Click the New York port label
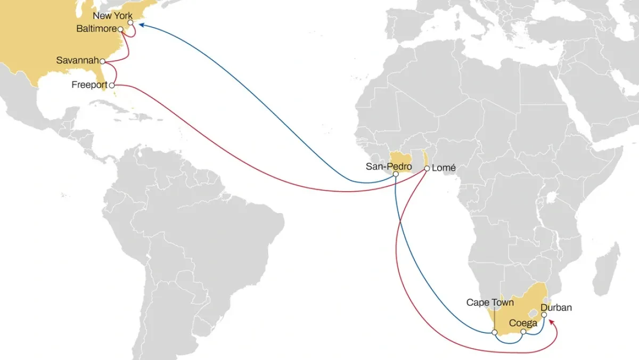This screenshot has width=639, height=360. pyautogui.click(x=112, y=16)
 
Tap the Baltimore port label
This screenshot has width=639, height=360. pyautogui.click(x=96, y=29)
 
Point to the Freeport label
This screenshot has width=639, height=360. pyautogui.click(x=89, y=85)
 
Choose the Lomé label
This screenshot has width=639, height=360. pyautogui.click(x=444, y=168)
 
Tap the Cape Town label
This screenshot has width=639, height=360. pyautogui.click(x=490, y=302)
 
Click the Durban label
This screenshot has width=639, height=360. pyautogui.click(x=556, y=307)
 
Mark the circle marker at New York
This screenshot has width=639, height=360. pyautogui.click(x=130, y=23)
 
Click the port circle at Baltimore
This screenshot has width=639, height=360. pyautogui.click(x=121, y=29)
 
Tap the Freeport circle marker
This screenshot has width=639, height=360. pyautogui.click(x=112, y=85)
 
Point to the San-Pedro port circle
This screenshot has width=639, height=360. pyautogui.click(x=396, y=174)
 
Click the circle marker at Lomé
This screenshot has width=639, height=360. pyautogui.click(x=427, y=169)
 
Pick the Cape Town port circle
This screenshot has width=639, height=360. pyautogui.click(x=495, y=332)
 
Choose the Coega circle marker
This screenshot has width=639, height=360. pyautogui.click(x=523, y=332)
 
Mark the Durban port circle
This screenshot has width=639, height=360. pyautogui.click(x=544, y=315)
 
